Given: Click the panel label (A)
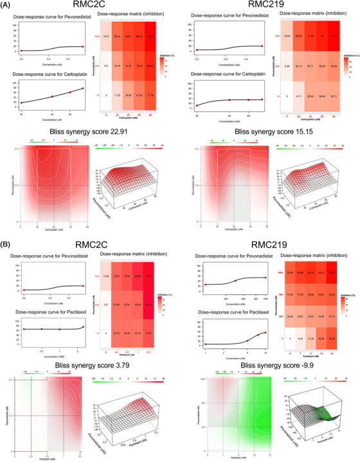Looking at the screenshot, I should tap(9, 5).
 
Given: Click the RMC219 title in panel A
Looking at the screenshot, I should tap(265, 7).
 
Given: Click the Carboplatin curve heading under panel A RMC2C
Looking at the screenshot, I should tap(50, 73).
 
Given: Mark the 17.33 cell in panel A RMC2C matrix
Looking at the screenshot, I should tap(118, 94).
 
